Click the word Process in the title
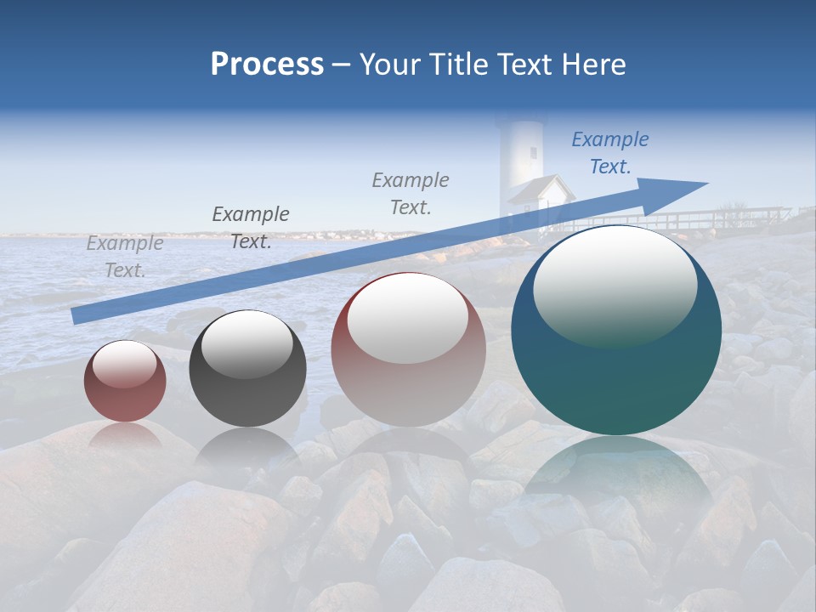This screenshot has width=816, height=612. [x=267, y=64]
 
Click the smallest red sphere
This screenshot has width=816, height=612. [x=125, y=381]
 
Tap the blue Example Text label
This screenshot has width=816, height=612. [x=609, y=153]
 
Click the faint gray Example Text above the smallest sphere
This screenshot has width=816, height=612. [x=125, y=257]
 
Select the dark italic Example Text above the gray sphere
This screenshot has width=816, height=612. [x=251, y=228]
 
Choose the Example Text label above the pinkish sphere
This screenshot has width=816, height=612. [x=411, y=193]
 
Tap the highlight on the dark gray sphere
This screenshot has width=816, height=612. [x=246, y=343]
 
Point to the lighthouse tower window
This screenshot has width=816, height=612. [x=534, y=153]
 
